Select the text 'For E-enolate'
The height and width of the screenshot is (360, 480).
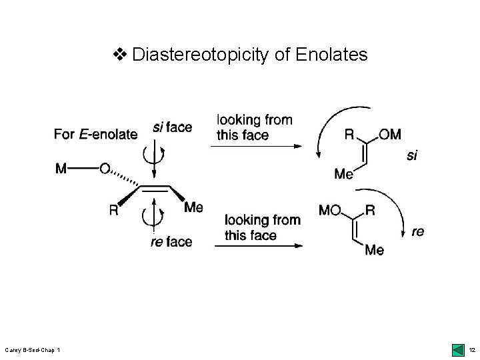click(x=95, y=135)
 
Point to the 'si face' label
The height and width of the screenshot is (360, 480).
click(x=172, y=127)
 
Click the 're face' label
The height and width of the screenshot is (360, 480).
click(x=171, y=241)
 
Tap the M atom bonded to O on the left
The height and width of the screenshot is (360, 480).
click(x=61, y=169)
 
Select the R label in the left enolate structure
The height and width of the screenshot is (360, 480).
click(x=114, y=210)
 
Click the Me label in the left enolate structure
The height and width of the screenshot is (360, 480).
click(x=193, y=207)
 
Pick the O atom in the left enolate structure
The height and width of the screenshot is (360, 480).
click(x=104, y=169)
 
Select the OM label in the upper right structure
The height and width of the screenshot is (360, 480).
click(x=389, y=135)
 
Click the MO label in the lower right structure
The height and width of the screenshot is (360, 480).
click(x=331, y=211)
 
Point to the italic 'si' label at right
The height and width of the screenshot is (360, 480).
click(x=413, y=156)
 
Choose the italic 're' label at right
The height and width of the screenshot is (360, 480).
click(x=418, y=232)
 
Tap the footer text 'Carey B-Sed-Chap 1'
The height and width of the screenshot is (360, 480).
click(x=33, y=350)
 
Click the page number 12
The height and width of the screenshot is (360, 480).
click(x=471, y=350)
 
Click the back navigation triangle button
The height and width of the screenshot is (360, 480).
click(x=457, y=349)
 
